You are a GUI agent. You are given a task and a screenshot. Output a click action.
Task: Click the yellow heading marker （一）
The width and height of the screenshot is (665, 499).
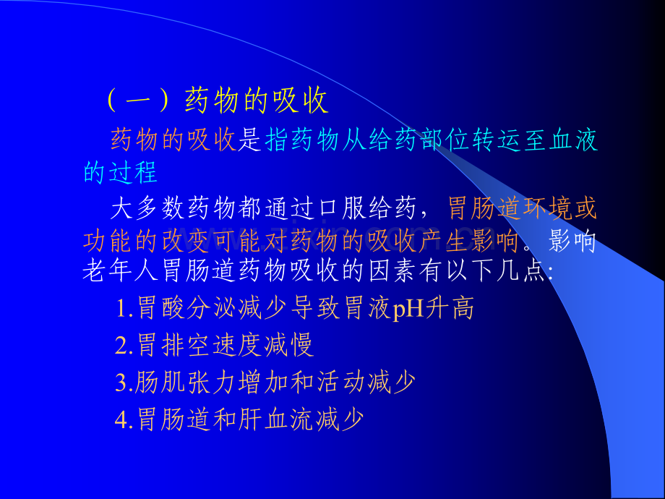point(139,101)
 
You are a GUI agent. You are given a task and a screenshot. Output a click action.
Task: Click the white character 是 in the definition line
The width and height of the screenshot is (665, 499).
point(249,140)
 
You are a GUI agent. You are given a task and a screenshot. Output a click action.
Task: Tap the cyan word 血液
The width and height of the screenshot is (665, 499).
point(573,140)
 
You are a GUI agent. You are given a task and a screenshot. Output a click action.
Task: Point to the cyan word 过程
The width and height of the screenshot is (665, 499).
point(133,172)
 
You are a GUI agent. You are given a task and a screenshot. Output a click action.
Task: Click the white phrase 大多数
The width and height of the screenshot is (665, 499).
point(147,209)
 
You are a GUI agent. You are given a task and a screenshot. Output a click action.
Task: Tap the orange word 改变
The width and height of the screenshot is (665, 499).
point(186,242)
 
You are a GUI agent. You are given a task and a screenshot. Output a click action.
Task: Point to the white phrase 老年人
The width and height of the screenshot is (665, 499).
point(121,270)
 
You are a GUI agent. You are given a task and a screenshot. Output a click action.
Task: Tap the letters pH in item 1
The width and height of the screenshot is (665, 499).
point(408,310)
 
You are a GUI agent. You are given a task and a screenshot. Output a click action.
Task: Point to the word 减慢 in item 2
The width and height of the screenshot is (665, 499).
point(289,345)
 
